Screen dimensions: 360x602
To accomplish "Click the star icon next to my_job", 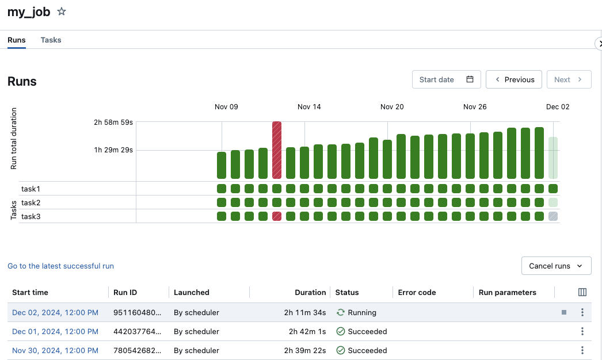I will click(x=62, y=12).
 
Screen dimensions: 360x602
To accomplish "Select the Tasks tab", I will click(x=51, y=40).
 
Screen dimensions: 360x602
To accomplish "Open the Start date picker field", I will click(x=447, y=79).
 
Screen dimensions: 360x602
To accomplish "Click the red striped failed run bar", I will click(x=277, y=150).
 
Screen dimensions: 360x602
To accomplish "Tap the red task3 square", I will click(x=277, y=216).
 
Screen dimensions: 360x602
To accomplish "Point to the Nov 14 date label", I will click(x=309, y=107).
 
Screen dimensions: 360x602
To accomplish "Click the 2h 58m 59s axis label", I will click(x=113, y=122).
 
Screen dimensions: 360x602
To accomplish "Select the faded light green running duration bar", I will click(x=553, y=158).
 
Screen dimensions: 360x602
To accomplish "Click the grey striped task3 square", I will click(x=553, y=216).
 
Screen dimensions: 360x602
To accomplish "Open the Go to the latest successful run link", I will click(x=60, y=266).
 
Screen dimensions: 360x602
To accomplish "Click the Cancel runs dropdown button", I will click(x=556, y=266).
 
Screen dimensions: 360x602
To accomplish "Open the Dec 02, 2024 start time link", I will click(x=55, y=313).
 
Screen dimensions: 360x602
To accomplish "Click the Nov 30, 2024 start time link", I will click(x=55, y=351).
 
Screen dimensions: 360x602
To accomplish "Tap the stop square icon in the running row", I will click(x=564, y=312).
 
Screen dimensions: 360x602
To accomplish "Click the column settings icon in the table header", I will click(x=582, y=292).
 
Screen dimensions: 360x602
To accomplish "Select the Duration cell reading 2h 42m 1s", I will click(x=307, y=332).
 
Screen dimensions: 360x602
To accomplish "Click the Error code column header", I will click(x=417, y=293).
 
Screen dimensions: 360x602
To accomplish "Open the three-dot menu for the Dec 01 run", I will click(x=582, y=332).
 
